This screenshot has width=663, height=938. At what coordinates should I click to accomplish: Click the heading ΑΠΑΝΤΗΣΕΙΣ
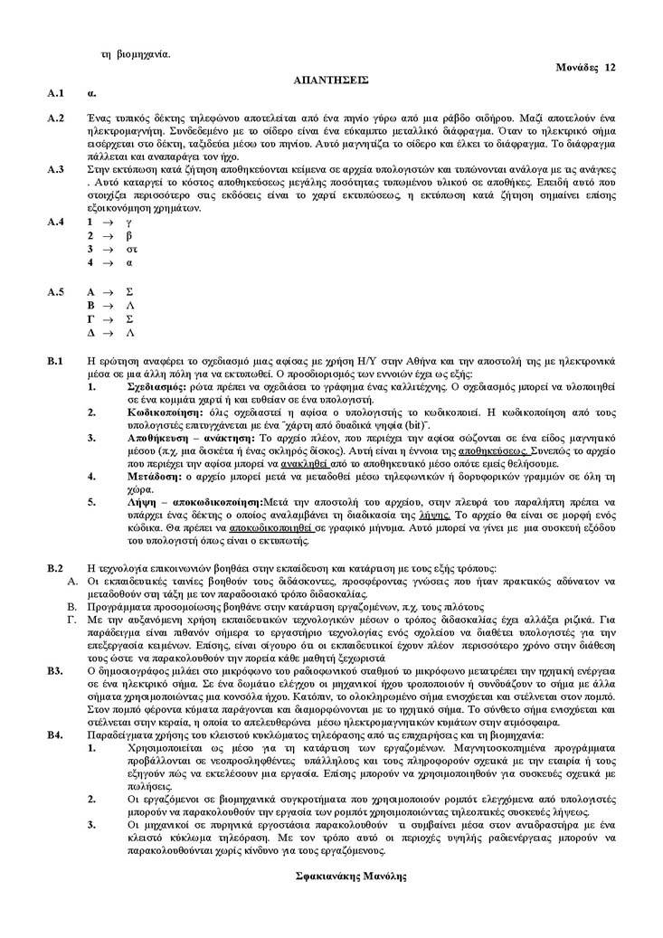(331, 80)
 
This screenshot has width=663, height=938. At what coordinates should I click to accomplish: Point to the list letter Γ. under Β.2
(71, 621)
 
